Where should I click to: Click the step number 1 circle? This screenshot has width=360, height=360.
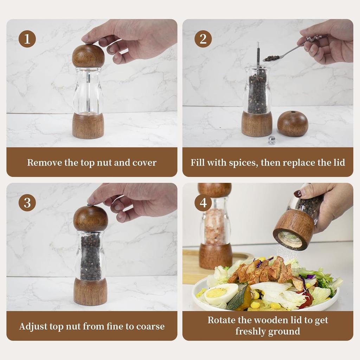[x=27, y=39]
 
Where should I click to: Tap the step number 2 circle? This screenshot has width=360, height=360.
[x=203, y=39]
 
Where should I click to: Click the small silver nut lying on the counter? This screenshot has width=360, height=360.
[x=272, y=140]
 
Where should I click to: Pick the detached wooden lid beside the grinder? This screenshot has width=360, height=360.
[x=292, y=123]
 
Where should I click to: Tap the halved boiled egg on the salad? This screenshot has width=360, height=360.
[x=221, y=294]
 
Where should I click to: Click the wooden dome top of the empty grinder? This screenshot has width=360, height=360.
[x=88, y=56]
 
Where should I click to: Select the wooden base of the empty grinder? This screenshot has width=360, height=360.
[x=88, y=126]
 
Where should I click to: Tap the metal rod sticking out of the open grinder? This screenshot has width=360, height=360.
[x=258, y=54]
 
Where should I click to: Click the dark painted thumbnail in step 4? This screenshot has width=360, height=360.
[x=298, y=193]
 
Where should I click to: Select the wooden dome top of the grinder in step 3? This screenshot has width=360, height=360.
[x=90, y=218]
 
